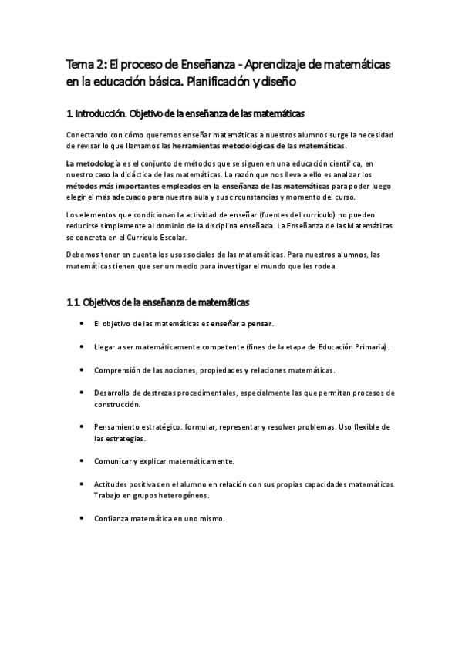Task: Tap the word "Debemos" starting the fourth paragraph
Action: [83, 255]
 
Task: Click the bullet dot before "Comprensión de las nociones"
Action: [82, 369]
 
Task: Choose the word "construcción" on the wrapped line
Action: [117, 403]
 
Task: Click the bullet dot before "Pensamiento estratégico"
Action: [82, 426]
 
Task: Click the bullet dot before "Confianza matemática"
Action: [82, 518]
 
